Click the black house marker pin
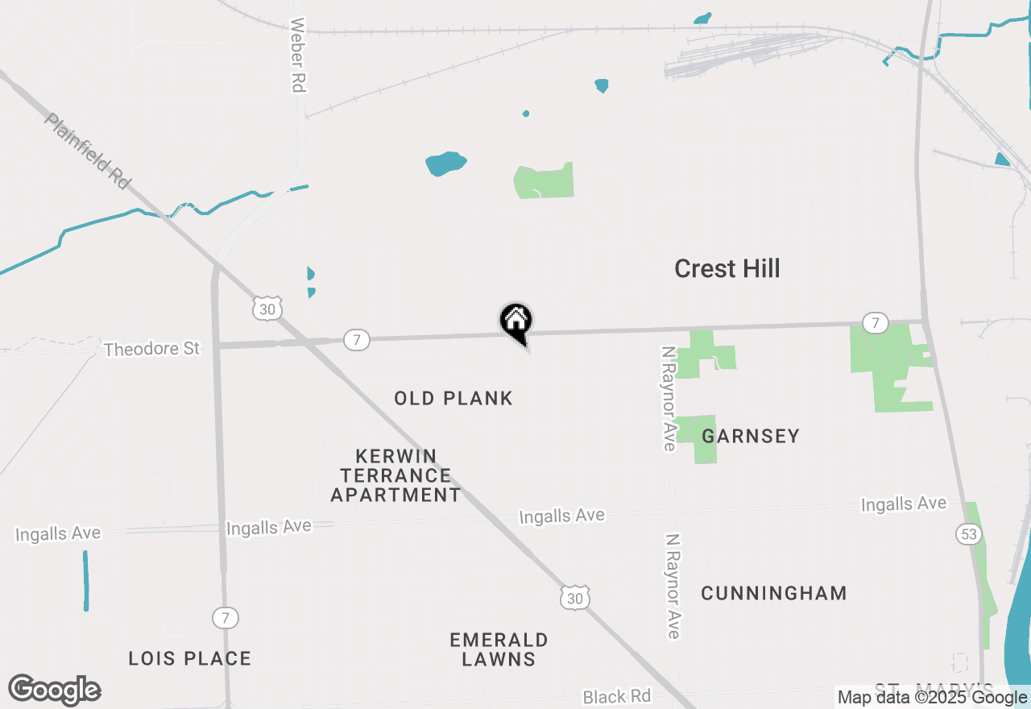point(516,321)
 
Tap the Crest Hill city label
point(727,268)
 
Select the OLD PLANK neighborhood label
point(453,398)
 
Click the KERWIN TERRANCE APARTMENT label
point(395,475)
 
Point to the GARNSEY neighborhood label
point(751,436)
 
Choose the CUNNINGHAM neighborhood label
point(773,594)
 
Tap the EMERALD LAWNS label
point(499,649)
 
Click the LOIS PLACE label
point(190,658)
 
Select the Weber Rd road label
point(298,55)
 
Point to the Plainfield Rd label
point(88,151)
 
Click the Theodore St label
point(151,349)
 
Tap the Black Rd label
point(616,696)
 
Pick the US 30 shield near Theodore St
point(267,309)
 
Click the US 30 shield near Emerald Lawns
point(574,598)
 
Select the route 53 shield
point(967,533)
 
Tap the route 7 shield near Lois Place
point(226,618)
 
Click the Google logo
point(55,690)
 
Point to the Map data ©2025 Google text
point(932,698)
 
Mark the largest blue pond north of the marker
point(445,164)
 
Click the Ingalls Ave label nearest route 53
point(904,504)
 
